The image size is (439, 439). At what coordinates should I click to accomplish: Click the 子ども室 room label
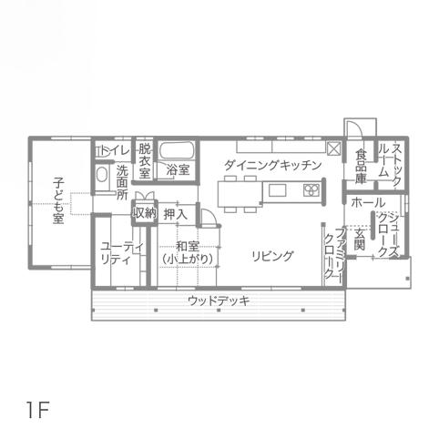point(58,201)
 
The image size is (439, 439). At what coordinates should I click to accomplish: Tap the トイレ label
point(115,150)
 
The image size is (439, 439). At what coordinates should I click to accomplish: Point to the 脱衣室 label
point(145,160)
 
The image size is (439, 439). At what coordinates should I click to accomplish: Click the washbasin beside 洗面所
point(102,175)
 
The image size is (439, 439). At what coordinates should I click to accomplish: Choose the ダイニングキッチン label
point(273,166)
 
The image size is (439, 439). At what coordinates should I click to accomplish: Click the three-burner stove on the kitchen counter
point(311,190)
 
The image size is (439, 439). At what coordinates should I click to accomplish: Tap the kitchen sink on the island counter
point(277,190)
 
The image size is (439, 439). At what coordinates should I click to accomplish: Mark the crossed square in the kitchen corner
point(333,148)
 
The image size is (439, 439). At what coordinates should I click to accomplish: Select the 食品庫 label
point(361,166)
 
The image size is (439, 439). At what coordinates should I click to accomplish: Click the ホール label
point(368,202)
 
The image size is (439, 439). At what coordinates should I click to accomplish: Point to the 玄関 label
point(360,240)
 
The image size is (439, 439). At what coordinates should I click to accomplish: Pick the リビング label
point(273,256)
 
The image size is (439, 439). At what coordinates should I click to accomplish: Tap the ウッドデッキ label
point(219,301)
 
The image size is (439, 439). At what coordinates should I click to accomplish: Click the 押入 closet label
point(176,214)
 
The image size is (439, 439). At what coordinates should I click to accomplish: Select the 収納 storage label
point(145,213)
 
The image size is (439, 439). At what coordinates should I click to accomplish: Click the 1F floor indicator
point(38,410)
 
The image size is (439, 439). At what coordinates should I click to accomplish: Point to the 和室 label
point(188,246)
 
